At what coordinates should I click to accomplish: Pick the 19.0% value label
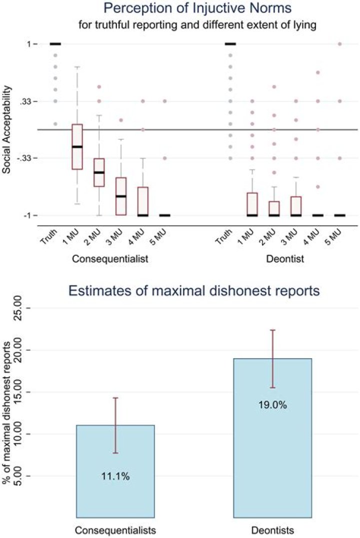coord(272,405)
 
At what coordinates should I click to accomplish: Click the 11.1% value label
coord(115,477)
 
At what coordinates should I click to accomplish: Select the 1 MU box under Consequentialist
coord(77,146)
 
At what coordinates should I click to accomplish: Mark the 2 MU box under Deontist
coord(274,208)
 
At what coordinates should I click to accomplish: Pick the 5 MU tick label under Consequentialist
coord(160,235)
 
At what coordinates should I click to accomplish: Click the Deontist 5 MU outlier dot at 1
coord(340,44)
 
